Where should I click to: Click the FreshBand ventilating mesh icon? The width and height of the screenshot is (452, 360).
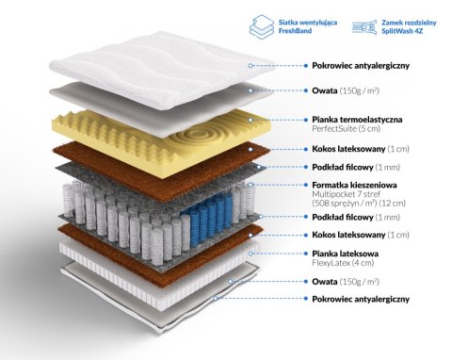tap(262, 27)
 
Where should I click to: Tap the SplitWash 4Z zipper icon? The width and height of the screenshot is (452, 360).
tap(364, 27)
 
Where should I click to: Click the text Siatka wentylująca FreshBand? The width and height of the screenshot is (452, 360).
tap(308, 26)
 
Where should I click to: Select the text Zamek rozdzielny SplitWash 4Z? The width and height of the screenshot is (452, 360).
tap(409, 26)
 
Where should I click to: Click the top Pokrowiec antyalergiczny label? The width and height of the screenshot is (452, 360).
tap(361, 66)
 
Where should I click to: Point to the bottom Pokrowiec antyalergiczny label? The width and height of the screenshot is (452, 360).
tap(361, 299)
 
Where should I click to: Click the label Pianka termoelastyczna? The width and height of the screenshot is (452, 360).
tap(357, 120)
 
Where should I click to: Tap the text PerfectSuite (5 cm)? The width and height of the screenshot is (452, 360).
tap(346, 129)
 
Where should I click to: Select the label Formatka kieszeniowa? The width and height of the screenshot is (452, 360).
tap(354, 185)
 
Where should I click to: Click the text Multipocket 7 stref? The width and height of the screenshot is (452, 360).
tap(346, 194)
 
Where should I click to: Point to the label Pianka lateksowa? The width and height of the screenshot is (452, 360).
tap(346, 254)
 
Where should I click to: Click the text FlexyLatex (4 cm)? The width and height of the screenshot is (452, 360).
tap(343, 263)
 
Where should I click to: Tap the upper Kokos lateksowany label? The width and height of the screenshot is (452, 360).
tap(348, 149)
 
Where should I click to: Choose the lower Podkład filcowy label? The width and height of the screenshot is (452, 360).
tap(343, 217)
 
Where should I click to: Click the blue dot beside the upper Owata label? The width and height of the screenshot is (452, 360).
tap(306, 90)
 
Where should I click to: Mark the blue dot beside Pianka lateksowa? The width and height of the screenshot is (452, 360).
tap(306, 254)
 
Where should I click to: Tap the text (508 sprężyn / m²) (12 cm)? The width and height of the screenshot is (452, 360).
tap(359, 204)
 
